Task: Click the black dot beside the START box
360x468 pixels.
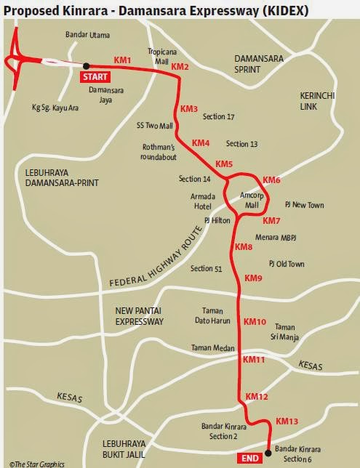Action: pyautogui.click(x=86, y=65)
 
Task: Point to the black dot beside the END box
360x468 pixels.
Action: pyautogui.click(x=268, y=453)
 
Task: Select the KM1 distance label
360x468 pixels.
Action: pyautogui.click(x=122, y=60)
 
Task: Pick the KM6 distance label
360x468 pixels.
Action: pyautogui.click(x=271, y=179)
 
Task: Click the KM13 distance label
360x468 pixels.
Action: pyautogui.click(x=287, y=421)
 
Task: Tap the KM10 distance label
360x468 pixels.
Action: pyautogui.click(x=255, y=321)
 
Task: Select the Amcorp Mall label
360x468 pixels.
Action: pyautogui.click(x=251, y=201)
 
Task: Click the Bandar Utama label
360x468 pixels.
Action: pyautogui.click(x=85, y=33)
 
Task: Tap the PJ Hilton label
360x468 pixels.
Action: pyautogui.click(x=217, y=219)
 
